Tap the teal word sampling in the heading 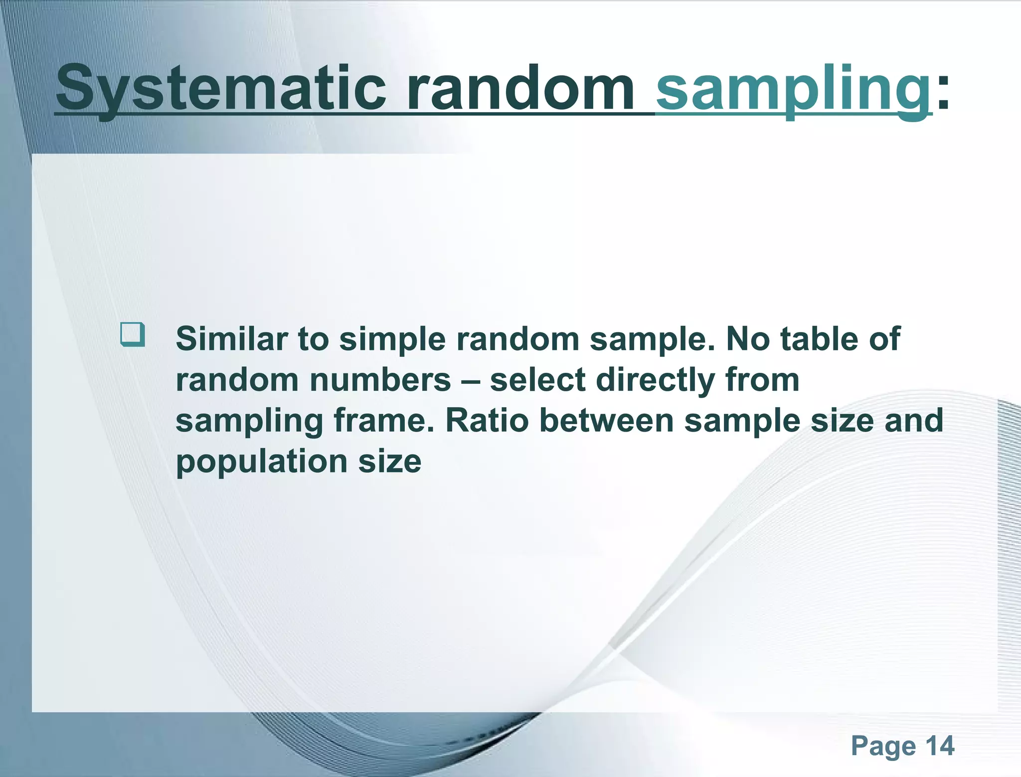(x=793, y=90)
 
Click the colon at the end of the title (x=943, y=92)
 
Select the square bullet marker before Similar (x=133, y=334)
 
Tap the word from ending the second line (x=762, y=380)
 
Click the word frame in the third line (x=387, y=421)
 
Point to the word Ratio (x=486, y=421)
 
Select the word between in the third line (x=606, y=421)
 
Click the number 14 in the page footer (x=939, y=746)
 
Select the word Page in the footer (x=883, y=747)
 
